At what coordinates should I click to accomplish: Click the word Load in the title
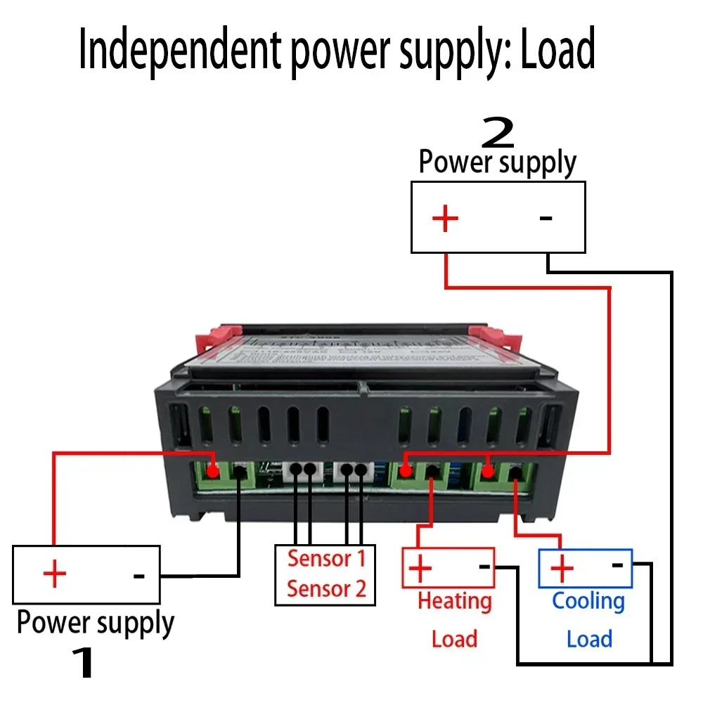[557, 51]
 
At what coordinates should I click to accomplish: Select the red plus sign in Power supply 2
[445, 219]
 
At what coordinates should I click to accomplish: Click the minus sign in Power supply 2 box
[546, 218]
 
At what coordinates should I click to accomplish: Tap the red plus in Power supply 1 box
[54, 575]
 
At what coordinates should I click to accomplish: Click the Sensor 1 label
[327, 559]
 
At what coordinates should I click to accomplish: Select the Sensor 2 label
[327, 588]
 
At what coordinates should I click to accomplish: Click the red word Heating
[455, 601]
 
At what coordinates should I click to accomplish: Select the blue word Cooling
[588, 601]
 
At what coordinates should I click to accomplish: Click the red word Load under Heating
[454, 639]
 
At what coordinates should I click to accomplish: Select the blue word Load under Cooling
[589, 639]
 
